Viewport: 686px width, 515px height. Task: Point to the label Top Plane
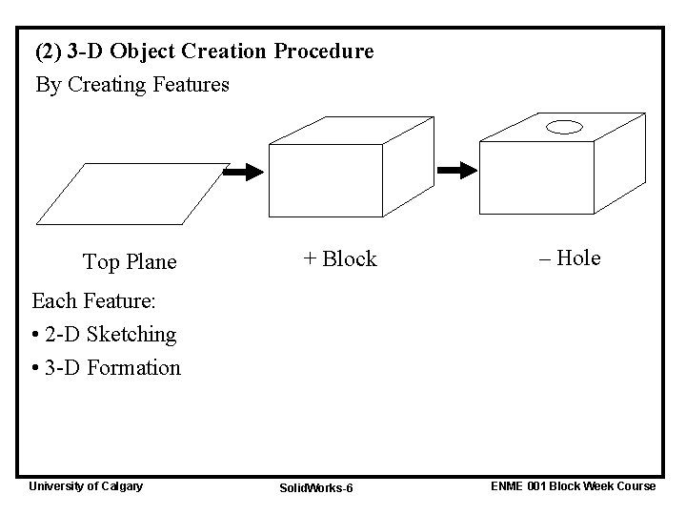pos(130,261)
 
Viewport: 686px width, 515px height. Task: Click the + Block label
pos(340,258)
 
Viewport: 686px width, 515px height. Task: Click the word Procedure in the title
pos(324,51)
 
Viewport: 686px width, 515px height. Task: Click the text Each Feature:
pos(93,302)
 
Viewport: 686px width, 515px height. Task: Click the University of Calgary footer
pos(86,486)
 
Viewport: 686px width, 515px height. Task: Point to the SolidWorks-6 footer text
pos(316,488)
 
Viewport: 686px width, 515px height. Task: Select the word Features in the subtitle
pos(189,85)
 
